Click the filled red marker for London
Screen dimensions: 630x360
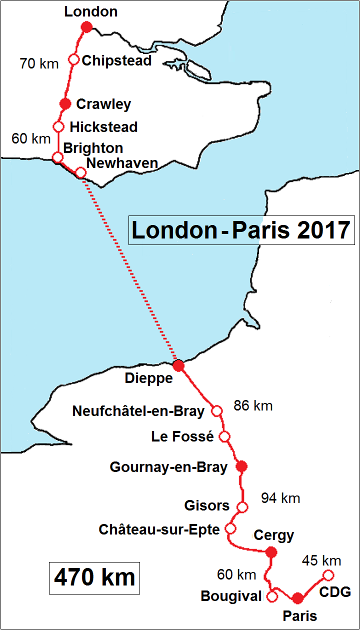[86, 27]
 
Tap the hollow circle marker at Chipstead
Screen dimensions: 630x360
[73, 59]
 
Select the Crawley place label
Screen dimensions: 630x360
[103, 104]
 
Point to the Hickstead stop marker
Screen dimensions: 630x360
[58, 126]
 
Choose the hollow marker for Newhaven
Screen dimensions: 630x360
[80, 172]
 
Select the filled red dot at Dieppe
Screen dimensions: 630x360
[178, 365]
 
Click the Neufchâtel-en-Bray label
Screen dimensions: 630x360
[138, 411]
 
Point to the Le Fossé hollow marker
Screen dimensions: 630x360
[224, 436]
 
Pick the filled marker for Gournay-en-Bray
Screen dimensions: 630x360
[242, 466]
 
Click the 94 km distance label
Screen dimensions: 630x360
[280, 498]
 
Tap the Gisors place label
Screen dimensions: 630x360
[206, 505]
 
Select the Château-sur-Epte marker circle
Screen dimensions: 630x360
[230, 528]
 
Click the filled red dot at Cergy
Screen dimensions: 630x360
[271, 552]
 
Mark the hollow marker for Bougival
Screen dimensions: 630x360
[272, 596]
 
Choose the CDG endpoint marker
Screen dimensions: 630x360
[328, 574]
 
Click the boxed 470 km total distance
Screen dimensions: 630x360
[94, 577]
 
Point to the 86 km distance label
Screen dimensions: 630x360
[253, 405]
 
